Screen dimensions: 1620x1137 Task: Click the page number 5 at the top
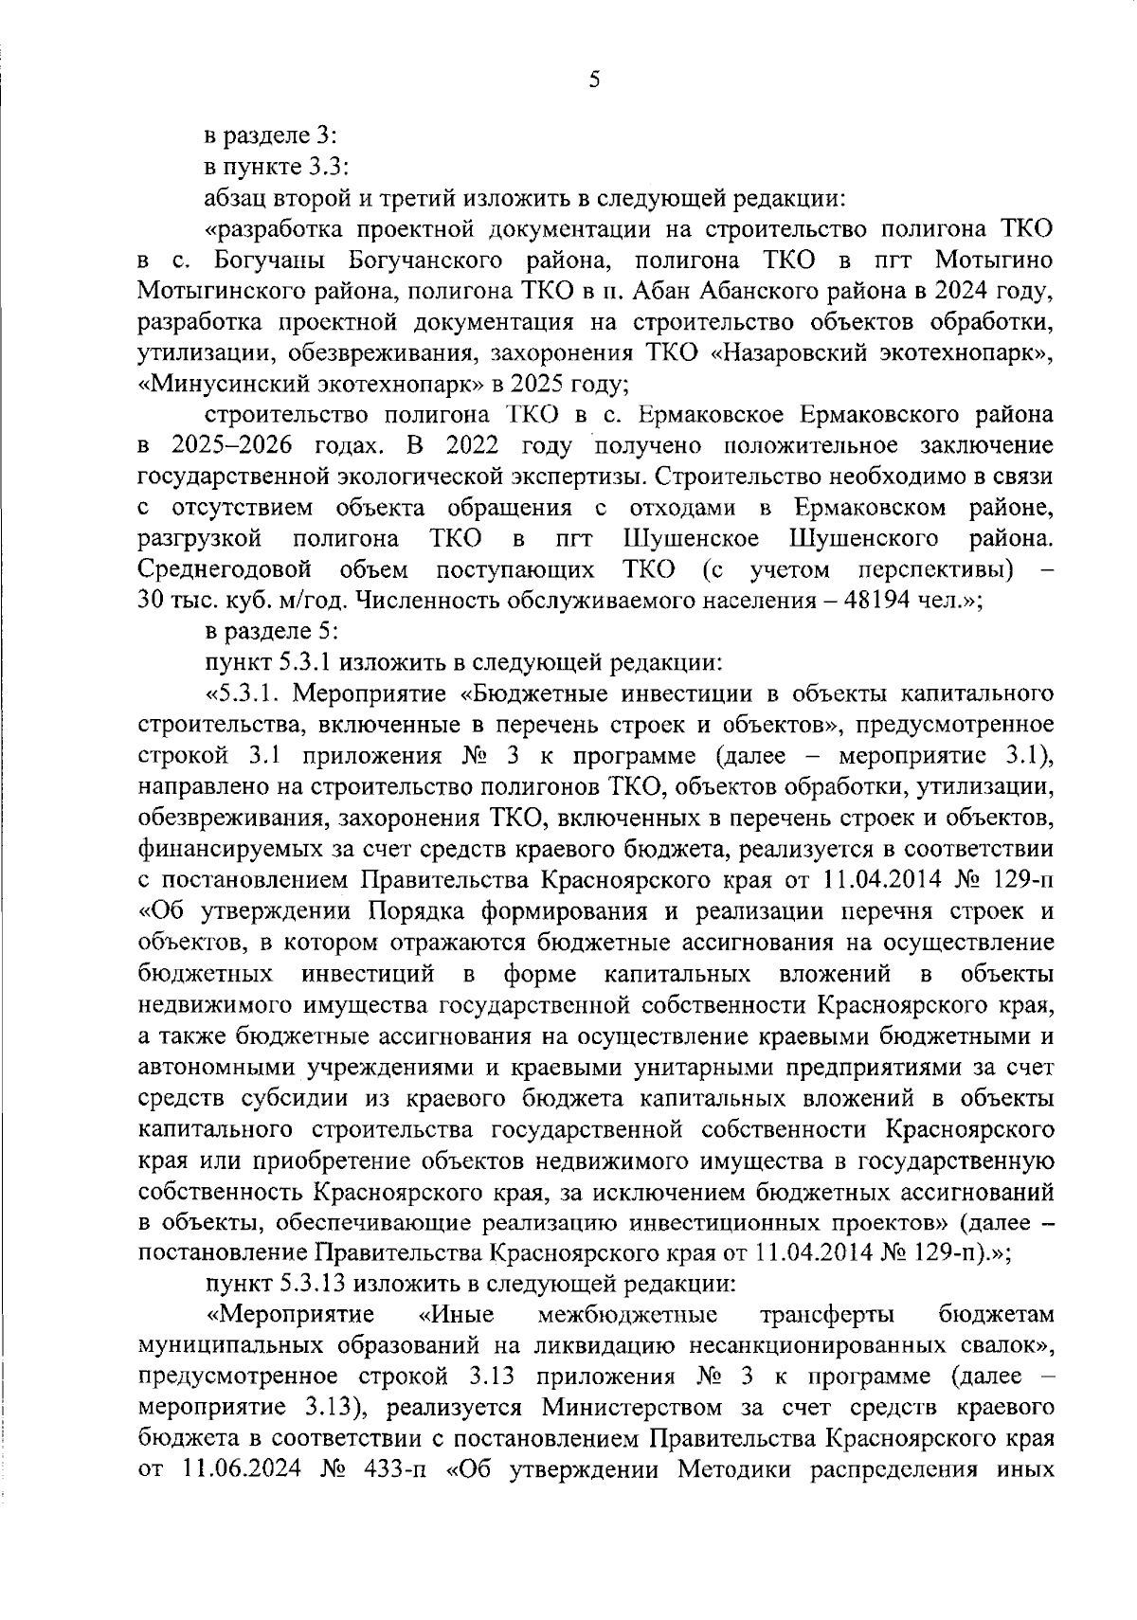click(x=593, y=81)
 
